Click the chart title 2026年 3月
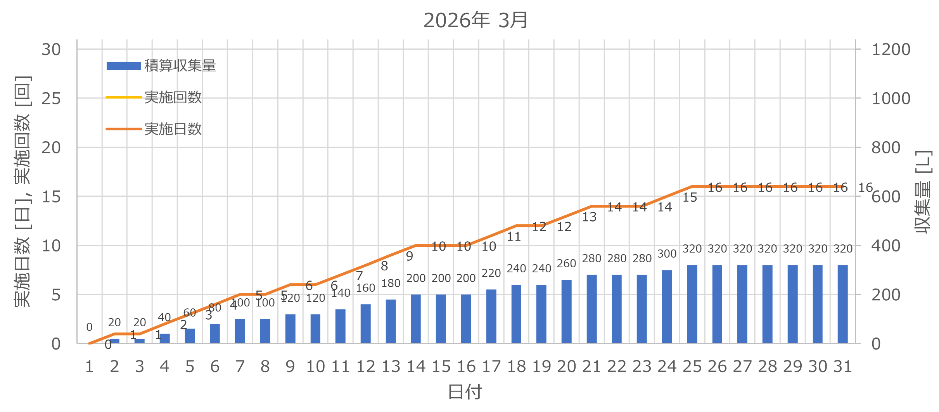pos(475,20)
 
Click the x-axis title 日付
pos(465,392)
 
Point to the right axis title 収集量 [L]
pos(923,192)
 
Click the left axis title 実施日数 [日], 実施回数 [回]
pos(22,192)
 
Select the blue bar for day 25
pos(692,304)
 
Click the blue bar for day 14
pos(416,319)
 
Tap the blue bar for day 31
pos(842,304)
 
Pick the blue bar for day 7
pos(240,331)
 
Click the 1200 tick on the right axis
pos(891,50)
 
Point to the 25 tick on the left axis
pos(51,99)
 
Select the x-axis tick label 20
pos(566,367)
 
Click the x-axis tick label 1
pos(89,367)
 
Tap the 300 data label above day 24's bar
pos(667,254)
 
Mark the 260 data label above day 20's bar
pos(566,264)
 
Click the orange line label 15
pos(690,197)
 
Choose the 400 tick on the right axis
pos(886,246)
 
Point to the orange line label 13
pos(589,217)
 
